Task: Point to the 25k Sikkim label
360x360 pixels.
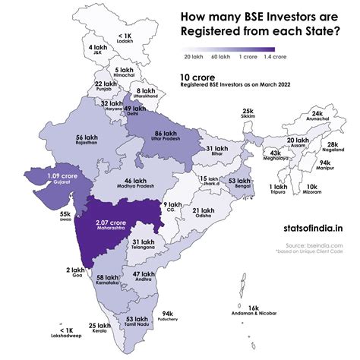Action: point(248,114)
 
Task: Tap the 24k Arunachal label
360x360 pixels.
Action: point(322,116)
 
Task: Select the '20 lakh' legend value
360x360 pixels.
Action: point(193,56)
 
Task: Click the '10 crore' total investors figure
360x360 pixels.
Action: point(195,77)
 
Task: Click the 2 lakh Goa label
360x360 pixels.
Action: point(75,272)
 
